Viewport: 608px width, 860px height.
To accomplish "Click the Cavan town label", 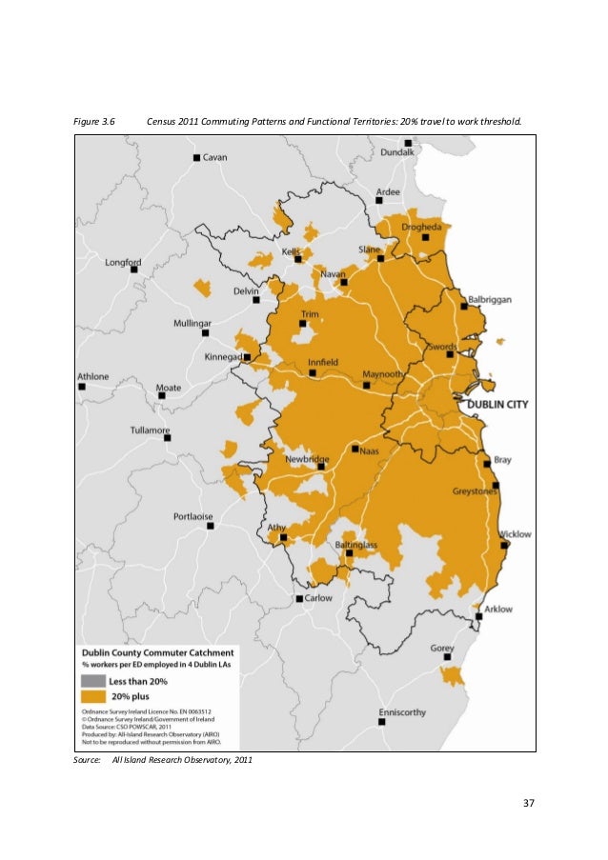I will coord(214,156).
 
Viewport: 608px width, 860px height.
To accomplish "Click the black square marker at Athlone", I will coord(82,387).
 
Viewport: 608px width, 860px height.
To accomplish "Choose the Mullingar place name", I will coord(192,323).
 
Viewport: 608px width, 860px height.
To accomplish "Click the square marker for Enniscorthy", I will coord(381,722).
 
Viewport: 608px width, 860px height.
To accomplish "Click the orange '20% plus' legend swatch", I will coord(93,695).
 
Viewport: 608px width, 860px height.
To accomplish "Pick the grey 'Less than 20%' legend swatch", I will coord(93,680).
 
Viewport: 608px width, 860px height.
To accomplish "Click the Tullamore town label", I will coord(151,430).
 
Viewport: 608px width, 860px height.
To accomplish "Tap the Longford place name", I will coord(123,261).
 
